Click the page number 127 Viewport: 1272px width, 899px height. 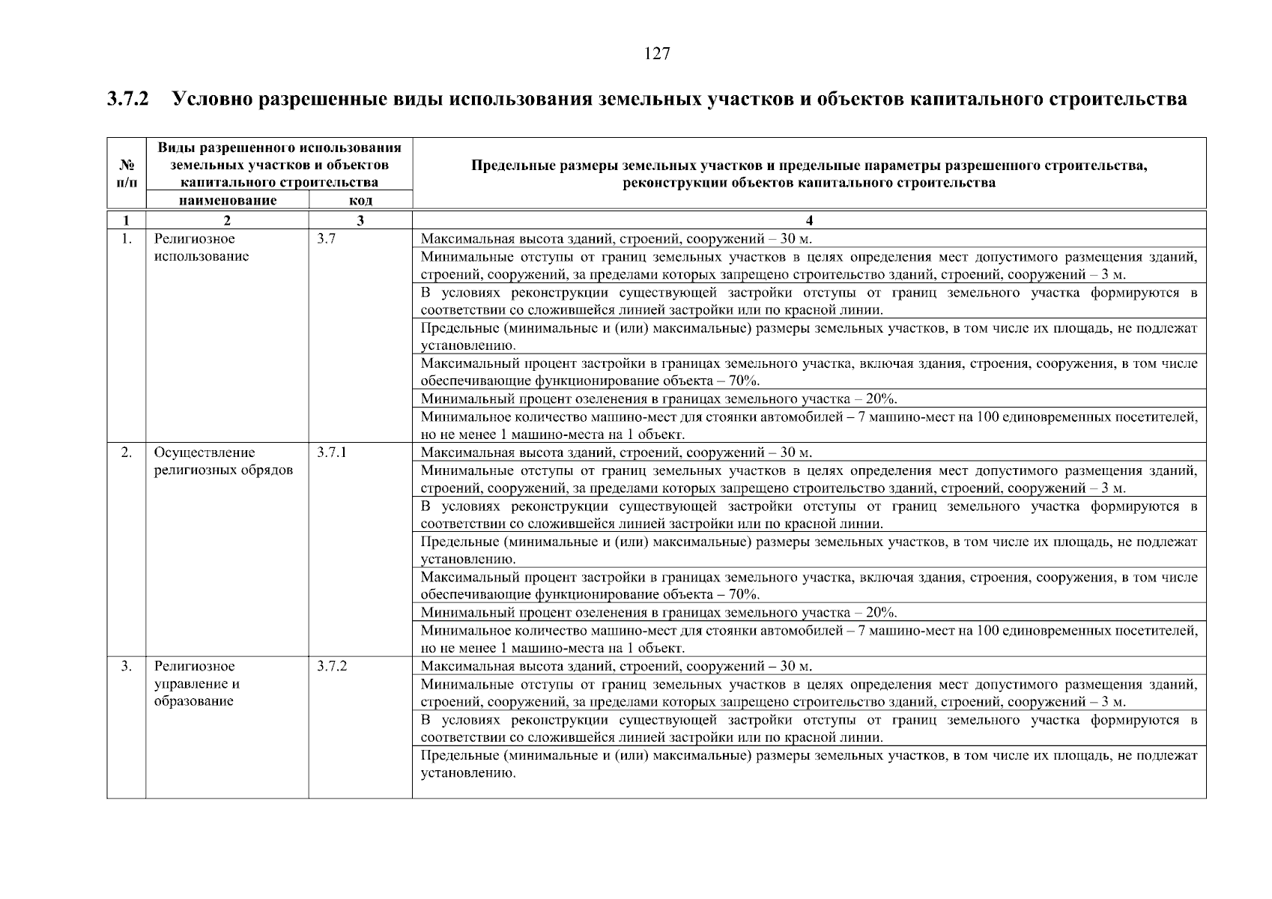pos(656,54)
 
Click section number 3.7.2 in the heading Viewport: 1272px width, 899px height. pos(128,99)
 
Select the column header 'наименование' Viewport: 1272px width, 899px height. pos(227,201)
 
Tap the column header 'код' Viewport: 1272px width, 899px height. pos(360,201)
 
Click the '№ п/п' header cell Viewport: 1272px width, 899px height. pos(126,174)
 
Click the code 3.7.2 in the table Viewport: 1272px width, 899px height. pos(332,666)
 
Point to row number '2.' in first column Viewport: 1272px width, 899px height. pos(127,452)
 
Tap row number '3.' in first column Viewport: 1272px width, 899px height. pos(127,666)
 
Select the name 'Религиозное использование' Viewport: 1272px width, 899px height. pos(201,248)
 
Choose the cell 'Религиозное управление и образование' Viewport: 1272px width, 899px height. pos(197,683)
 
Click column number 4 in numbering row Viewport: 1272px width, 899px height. pos(809,220)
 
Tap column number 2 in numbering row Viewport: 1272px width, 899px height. pos(227,220)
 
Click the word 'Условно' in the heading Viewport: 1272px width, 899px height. pos(212,99)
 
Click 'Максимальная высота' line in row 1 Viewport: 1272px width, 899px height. pos(616,239)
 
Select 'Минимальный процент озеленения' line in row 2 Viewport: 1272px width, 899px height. pos(658,612)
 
